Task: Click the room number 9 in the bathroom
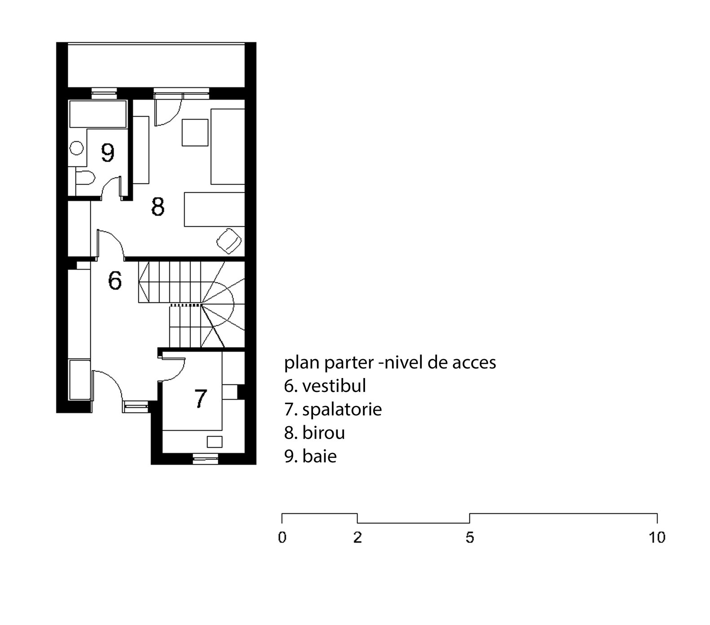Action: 108,153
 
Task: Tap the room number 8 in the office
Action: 158,207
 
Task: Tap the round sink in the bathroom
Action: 77,148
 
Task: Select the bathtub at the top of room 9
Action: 97,114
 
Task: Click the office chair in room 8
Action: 229,239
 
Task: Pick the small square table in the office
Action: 195,132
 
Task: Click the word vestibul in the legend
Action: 334,385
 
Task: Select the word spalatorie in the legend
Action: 342,409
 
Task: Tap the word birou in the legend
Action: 323,433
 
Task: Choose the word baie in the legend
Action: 319,457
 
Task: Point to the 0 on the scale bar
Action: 282,537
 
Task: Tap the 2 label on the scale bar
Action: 357,537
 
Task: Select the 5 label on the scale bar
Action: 470,537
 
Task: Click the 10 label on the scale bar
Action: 657,537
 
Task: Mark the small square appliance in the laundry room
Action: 215,441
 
